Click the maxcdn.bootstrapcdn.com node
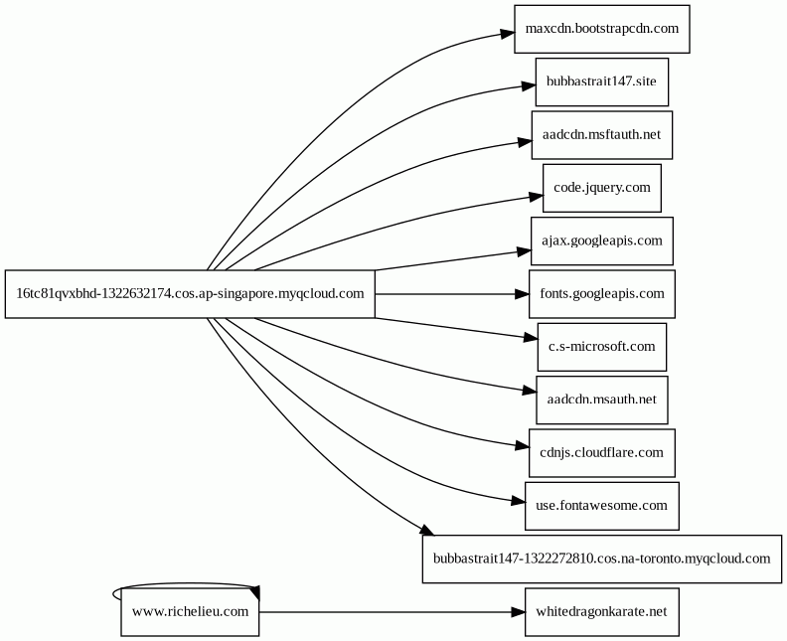coord(602,29)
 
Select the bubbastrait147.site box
coord(602,81)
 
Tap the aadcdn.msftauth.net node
coord(602,135)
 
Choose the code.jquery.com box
coord(602,188)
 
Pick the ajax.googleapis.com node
coord(602,240)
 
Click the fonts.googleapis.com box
coord(602,294)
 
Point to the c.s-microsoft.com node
coord(602,347)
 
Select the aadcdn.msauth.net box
coord(602,401)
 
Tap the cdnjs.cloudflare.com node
coord(602,453)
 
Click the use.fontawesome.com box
coord(602,506)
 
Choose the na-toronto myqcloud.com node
coord(602,560)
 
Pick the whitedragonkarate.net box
coord(602,612)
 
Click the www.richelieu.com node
coord(190,612)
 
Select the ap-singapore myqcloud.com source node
coord(190,294)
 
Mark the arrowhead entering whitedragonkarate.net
coord(518,612)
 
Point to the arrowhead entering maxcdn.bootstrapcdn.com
coord(508,34)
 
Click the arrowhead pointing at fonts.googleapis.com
coord(522,294)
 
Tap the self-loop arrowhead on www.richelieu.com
coord(254,592)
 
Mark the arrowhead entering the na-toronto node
coord(426,530)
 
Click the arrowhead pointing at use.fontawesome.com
coord(518,501)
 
